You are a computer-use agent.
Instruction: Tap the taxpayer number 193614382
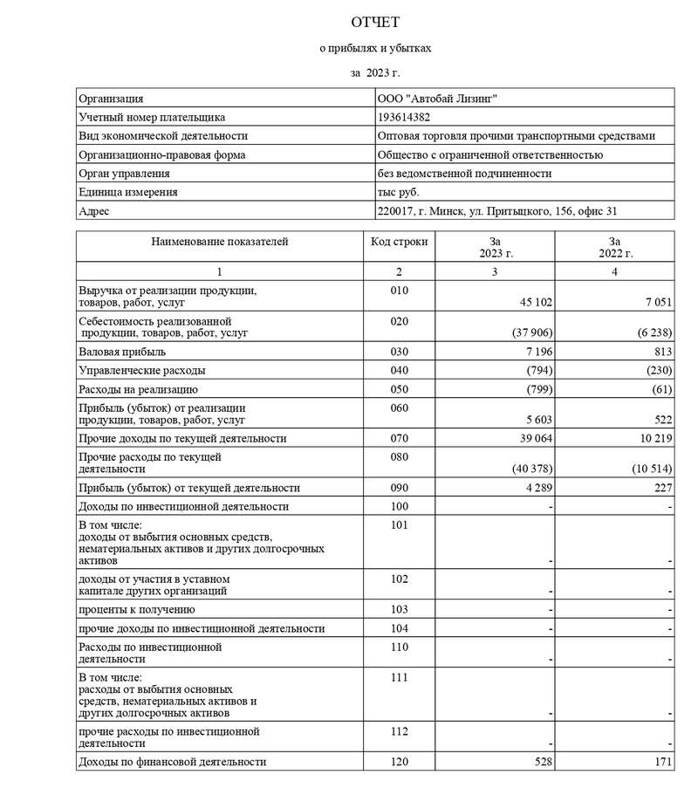(404, 118)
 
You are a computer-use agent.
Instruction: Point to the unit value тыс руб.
(398, 192)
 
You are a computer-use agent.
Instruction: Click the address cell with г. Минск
(497, 211)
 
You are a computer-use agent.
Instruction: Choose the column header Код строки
(399, 242)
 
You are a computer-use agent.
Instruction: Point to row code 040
(399, 370)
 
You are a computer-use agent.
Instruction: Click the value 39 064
(532, 438)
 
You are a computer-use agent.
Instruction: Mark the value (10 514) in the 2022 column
(650, 469)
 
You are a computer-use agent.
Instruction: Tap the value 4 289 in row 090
(537, 488)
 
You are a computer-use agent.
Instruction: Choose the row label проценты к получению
(137, 609)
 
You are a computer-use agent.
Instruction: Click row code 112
(399, 731)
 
